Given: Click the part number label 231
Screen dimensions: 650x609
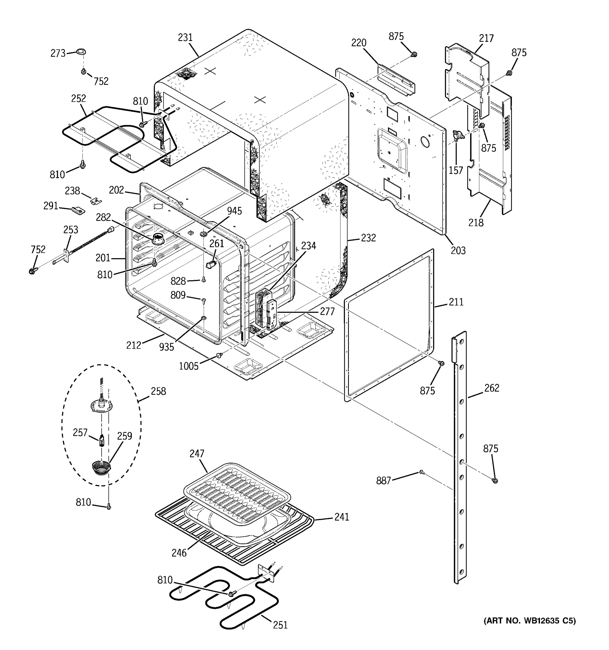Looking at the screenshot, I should coord(185,38).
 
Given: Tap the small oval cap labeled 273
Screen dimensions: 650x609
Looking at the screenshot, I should coord(81,51).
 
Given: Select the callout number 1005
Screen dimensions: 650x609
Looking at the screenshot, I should coord(189,366).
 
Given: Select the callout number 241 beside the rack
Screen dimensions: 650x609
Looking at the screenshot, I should coord(342,517).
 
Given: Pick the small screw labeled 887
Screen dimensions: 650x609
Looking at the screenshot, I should coord(421,472).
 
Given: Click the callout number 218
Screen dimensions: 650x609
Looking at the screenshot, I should coord(476,223).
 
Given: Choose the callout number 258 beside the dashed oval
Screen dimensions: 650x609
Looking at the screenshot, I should coord(158,391).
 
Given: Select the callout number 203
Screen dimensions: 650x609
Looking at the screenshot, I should coord(458,251).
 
